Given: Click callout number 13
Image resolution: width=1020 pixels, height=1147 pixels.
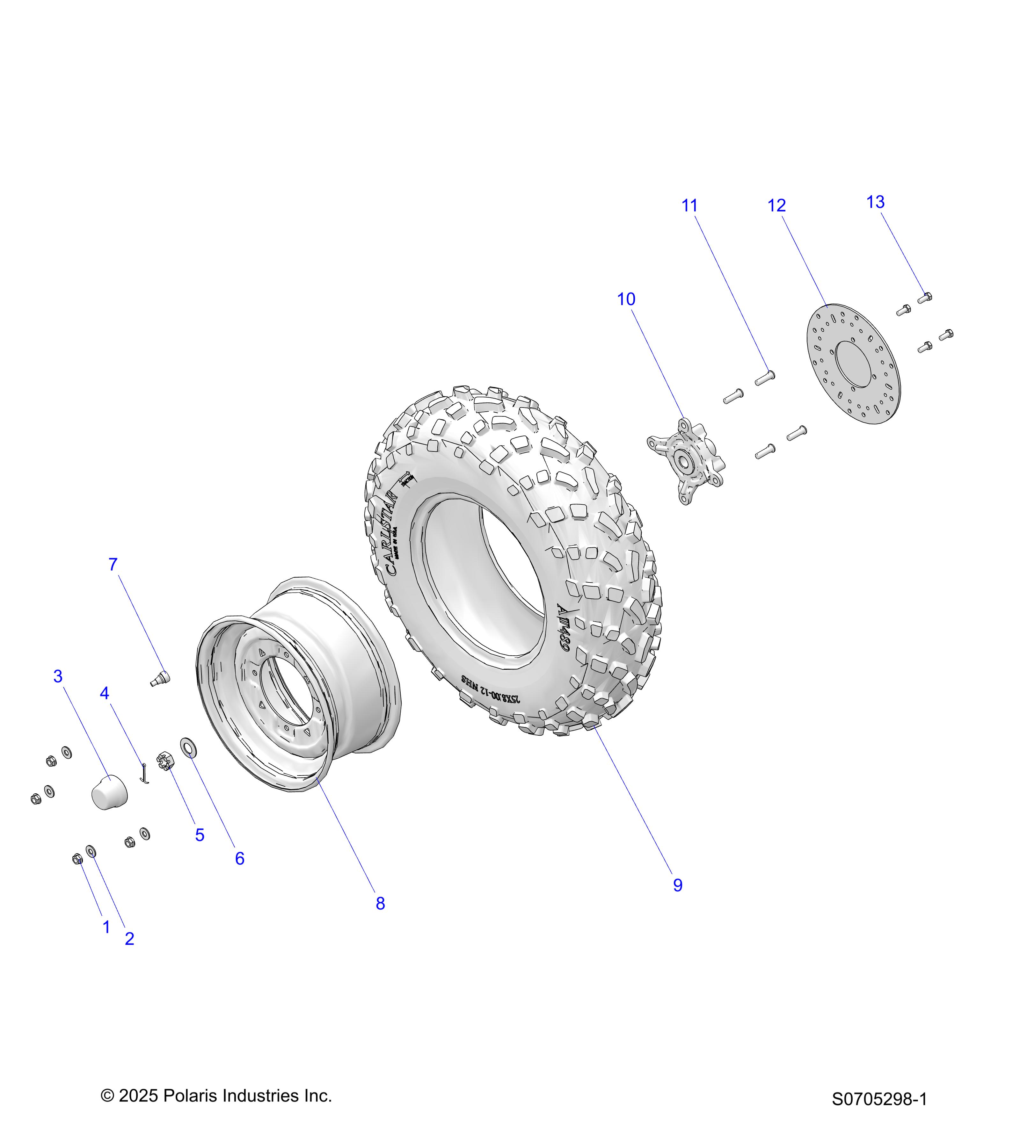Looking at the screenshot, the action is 875,202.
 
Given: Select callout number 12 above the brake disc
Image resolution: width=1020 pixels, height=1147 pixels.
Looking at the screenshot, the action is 776,206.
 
